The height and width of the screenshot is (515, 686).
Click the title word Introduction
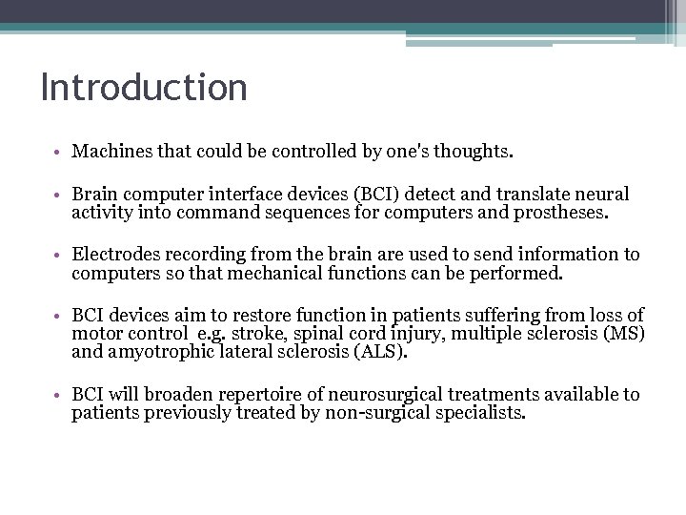tap(144, 88)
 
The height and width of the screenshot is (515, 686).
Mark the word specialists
tap(482, 412)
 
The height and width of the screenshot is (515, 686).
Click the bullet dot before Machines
tap(59, 153)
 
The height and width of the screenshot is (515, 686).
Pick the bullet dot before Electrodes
tap(59, 256)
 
